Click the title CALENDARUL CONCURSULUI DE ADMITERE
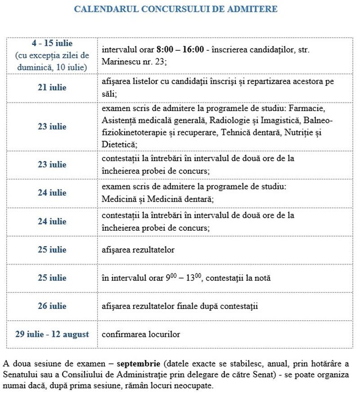tap(175, 9)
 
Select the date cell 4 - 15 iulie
tap(52, 44)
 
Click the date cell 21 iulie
tap(52, 87)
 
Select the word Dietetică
tap(118, 144)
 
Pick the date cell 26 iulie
tap(52, 306)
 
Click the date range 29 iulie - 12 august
tap(52, 334)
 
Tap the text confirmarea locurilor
tap(141, 334)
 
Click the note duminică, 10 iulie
tap(52, 67)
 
